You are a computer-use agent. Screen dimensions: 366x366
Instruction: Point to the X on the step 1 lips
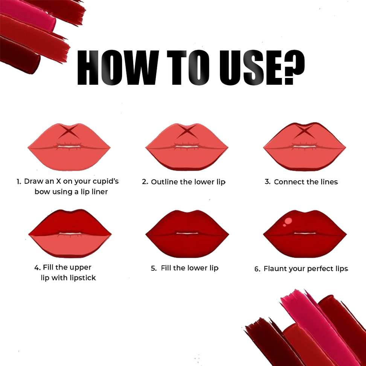[x=69, y=131]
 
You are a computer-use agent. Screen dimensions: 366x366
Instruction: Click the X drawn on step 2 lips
[x=186, y=131]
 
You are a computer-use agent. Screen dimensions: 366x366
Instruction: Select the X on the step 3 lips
[x=304, y=131]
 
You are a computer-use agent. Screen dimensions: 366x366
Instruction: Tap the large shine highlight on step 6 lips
[x=289, y=221]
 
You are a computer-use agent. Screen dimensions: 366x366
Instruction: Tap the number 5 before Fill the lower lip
[x=153, y=268]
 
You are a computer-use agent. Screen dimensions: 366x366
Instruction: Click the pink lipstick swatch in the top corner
[x=28, y=14]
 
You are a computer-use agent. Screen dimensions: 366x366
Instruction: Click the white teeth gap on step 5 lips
[x=187, y=233]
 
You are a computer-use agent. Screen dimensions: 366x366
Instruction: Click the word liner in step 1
[x=101, y=192]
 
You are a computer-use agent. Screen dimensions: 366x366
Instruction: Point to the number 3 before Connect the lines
[x=267, y=181]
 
